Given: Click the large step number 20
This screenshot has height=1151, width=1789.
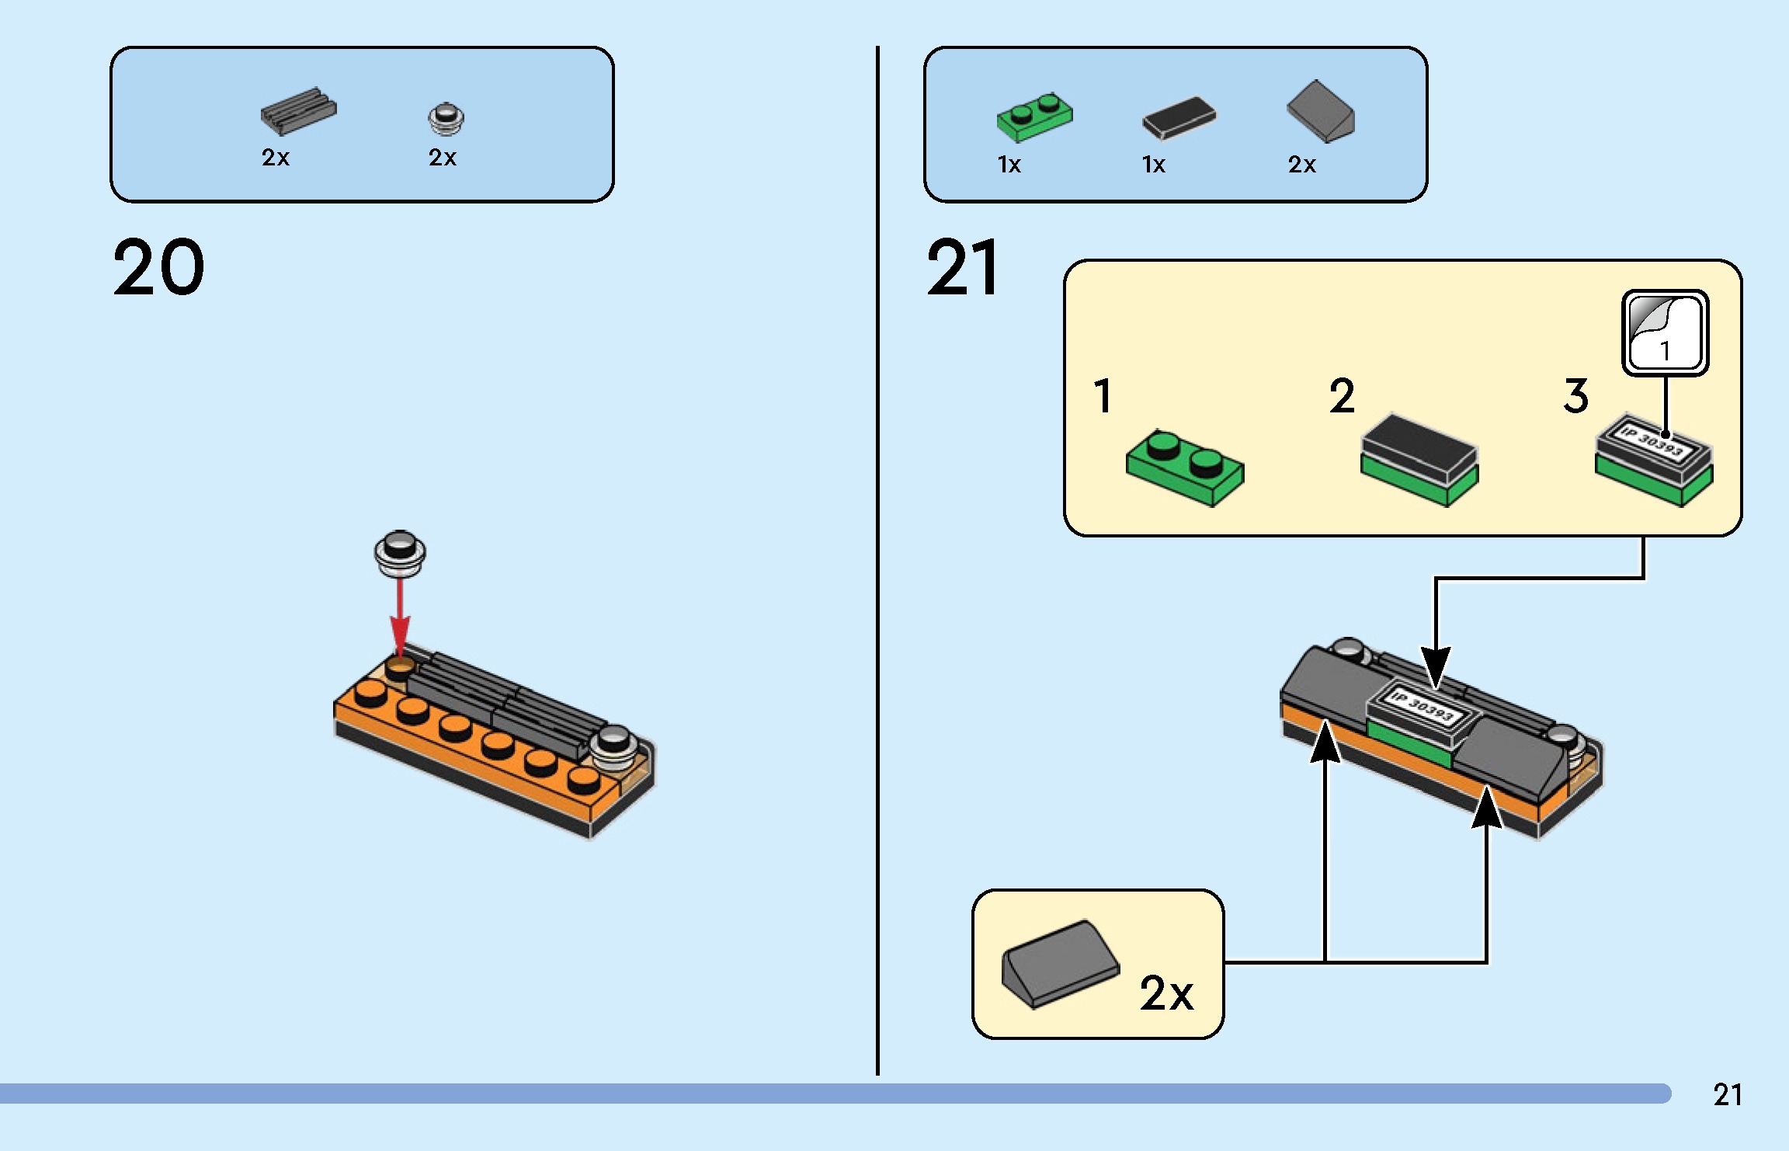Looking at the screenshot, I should coord(158,267).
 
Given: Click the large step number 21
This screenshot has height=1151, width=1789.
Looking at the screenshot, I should coord(963,267).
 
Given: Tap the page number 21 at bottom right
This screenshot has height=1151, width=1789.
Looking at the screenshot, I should coord(1728,1094).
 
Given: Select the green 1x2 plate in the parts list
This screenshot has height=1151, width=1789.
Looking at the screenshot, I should coord(1034,117).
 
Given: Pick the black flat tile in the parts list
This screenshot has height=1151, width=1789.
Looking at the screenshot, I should coord(1179,118).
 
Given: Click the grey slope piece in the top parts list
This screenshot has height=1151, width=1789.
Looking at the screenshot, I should coord(1321,113).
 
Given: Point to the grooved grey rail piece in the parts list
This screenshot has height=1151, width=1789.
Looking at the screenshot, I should coord(298,111).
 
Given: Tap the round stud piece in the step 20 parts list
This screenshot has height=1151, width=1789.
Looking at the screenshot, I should coord(446,117).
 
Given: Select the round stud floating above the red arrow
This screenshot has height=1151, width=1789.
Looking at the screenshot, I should coord(400,553).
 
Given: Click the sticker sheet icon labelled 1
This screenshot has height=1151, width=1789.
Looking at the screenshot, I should coord(1665,332).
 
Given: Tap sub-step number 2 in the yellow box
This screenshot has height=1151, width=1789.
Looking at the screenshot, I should coord(1342,396).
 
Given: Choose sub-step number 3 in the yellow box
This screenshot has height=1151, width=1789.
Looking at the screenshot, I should coord(1576,396).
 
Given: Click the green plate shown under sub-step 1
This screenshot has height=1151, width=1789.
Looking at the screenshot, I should coord(1185,467).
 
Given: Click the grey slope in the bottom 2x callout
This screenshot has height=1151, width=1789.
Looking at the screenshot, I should coord(1060,963).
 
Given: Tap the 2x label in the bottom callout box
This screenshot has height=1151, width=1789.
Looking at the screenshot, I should coord(1166,993).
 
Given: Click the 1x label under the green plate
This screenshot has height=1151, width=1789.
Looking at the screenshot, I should coord(1009,165).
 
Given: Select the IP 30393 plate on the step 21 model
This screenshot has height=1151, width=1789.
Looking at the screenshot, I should coord(1423,708).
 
